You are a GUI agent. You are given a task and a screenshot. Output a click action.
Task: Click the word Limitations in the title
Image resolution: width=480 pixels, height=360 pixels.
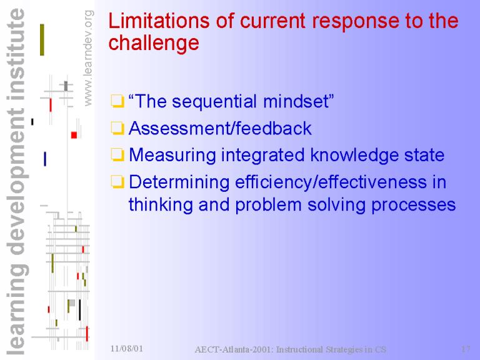(x=159, y=21)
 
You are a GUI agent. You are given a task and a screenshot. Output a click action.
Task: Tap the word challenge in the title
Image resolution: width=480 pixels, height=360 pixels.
(x=154, y=43)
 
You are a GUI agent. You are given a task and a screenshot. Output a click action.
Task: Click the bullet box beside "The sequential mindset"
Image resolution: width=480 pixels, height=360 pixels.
(x=117, y=102)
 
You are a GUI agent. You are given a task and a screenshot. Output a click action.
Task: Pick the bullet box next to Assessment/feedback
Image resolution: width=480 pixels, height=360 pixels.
(x=117, y=128)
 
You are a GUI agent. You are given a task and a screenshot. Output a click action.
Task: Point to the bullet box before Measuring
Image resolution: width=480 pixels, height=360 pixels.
(x=117, y=155)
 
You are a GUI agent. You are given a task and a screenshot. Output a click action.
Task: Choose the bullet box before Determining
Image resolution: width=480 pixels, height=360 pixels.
(x=117, y=182)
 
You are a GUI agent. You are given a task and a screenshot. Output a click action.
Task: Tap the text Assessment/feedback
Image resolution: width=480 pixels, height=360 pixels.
(x=220, y=128)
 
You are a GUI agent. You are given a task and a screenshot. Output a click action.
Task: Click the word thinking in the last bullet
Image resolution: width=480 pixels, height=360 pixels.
(x=161, y=205)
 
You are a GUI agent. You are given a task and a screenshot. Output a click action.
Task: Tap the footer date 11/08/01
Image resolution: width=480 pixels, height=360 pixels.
(x=127, y=348)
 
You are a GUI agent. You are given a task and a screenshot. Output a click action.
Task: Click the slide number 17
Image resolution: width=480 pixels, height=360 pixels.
(x=466, y=349)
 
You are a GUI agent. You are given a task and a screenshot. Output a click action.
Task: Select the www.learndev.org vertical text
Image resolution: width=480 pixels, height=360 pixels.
(x=88, y=58)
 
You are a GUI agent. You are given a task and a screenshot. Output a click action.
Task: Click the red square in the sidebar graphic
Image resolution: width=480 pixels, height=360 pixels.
(x=74, y=135)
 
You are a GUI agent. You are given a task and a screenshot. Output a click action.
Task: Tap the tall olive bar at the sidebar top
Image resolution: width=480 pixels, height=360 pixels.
(x=42, y=40)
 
